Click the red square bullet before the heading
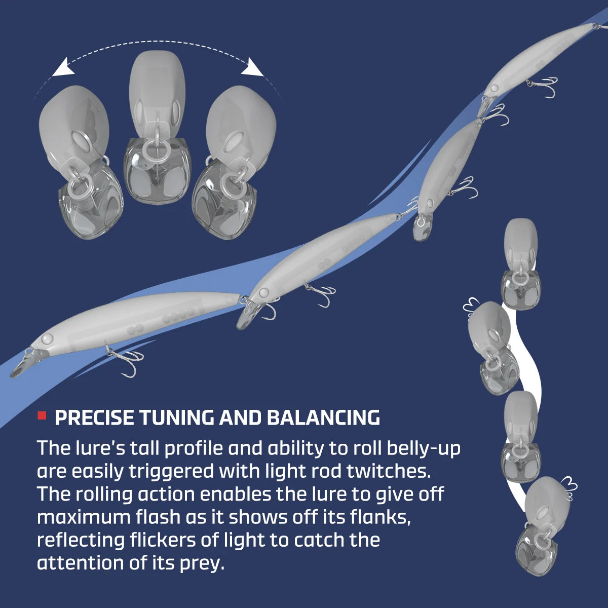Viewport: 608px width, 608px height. click(x=42, y=415)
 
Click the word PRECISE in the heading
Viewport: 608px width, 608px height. click(x=95, y=417)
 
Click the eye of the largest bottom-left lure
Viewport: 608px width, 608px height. click(x=47, y=338)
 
